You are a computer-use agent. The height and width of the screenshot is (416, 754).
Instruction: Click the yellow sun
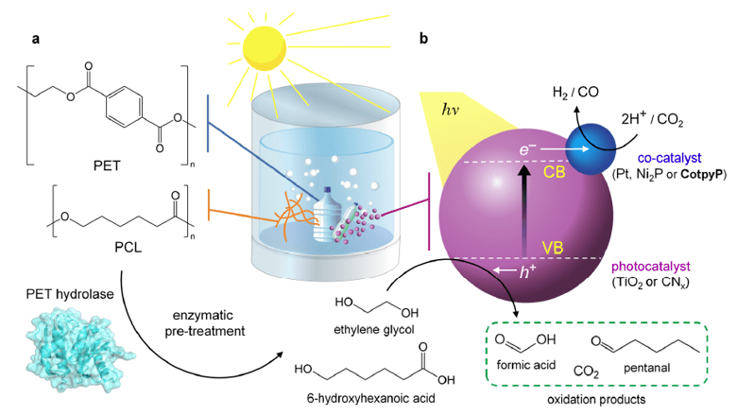click(x=270, y=45)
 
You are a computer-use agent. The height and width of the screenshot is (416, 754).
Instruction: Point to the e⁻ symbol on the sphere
click(x=528, y=149)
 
